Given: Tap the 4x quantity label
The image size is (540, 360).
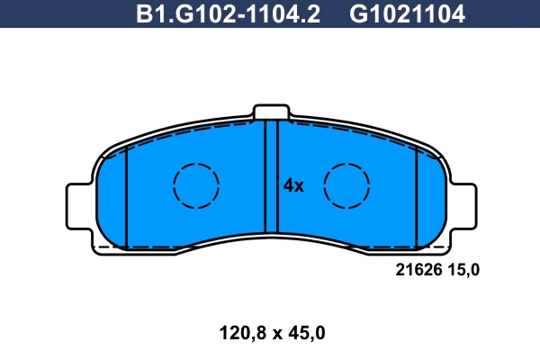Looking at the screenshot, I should click(293, 186).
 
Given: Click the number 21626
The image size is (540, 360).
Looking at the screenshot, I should click(418, 268).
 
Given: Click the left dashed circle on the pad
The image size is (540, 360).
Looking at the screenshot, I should click(196, 187).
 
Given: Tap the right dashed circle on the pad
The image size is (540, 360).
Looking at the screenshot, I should click(347, 187).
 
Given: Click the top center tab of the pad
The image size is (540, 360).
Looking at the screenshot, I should click(272, 112).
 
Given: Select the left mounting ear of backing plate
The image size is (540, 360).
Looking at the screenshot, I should click(78, 204).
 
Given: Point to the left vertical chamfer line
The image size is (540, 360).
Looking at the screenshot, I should click(128, 198).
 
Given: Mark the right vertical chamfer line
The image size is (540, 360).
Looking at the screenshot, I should click(416, 198).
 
